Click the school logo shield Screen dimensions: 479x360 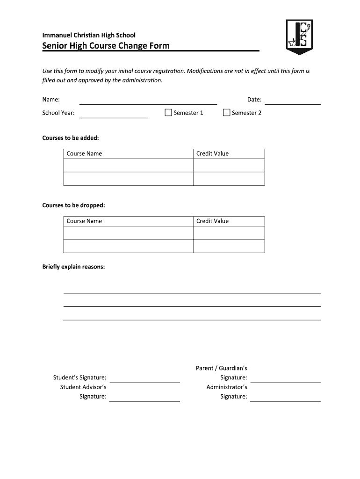click(x=299, y=36)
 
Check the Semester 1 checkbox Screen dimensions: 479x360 click(x=168, y=113)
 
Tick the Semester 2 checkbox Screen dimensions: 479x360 click(x=227, y=113)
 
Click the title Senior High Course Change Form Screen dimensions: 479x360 click(x=106, y=46)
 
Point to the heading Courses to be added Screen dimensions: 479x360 click(x=71, y=138)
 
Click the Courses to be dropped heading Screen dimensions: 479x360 click(x=73, y=205)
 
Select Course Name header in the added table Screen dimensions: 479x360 click(x=84, y=153)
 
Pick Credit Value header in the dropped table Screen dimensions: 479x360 click(x=212, y=221)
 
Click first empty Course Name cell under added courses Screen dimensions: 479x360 click(x=128, y=166)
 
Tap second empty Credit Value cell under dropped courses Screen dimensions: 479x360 click(x=229, y=246)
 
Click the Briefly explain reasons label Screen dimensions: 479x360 click(x=73, y=267)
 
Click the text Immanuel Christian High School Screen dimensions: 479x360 click(x=89, y=35)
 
